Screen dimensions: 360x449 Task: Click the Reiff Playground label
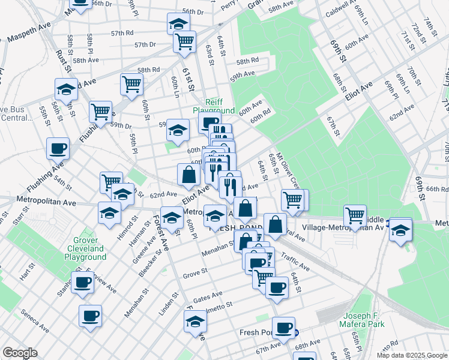coord(214,106)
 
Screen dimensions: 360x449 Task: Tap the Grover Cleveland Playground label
coord(85,248)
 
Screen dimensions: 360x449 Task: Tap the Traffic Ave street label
coord(295,262)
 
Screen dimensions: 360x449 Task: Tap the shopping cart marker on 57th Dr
coord(184,41)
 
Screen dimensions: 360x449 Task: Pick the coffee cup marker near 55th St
coord(58,148)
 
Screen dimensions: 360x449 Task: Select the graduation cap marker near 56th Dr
coord(178,24)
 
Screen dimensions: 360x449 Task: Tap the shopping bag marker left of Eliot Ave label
coord(188,175)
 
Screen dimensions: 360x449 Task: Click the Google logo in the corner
coord(20,353)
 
